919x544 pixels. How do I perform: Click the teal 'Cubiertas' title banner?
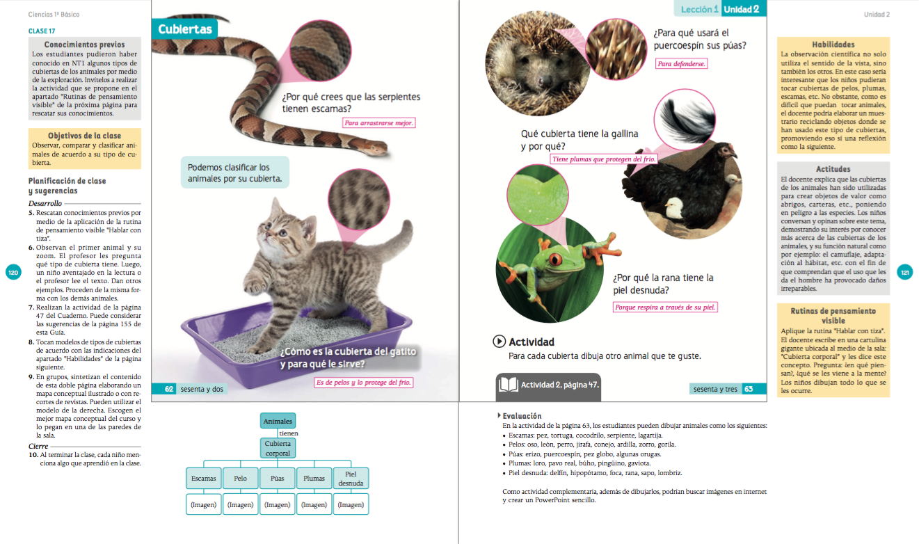184,29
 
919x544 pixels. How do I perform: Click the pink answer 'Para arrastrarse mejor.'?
378,122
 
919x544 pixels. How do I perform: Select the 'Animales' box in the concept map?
278,421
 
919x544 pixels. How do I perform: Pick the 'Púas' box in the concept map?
278,479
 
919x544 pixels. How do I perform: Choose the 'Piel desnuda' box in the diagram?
351,479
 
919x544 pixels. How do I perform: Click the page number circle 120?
13,273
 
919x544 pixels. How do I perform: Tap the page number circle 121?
904,273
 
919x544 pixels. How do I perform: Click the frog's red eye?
556,259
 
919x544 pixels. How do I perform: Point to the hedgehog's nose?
545,81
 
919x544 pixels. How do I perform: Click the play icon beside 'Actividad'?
499,342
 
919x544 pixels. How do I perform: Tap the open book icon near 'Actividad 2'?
509,385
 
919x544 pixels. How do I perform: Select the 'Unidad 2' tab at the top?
742,9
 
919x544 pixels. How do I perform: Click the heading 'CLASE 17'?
42,31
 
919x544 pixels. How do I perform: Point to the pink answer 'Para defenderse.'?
681,63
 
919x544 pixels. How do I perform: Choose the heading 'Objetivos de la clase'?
84,136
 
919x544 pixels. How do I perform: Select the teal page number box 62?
168,389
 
